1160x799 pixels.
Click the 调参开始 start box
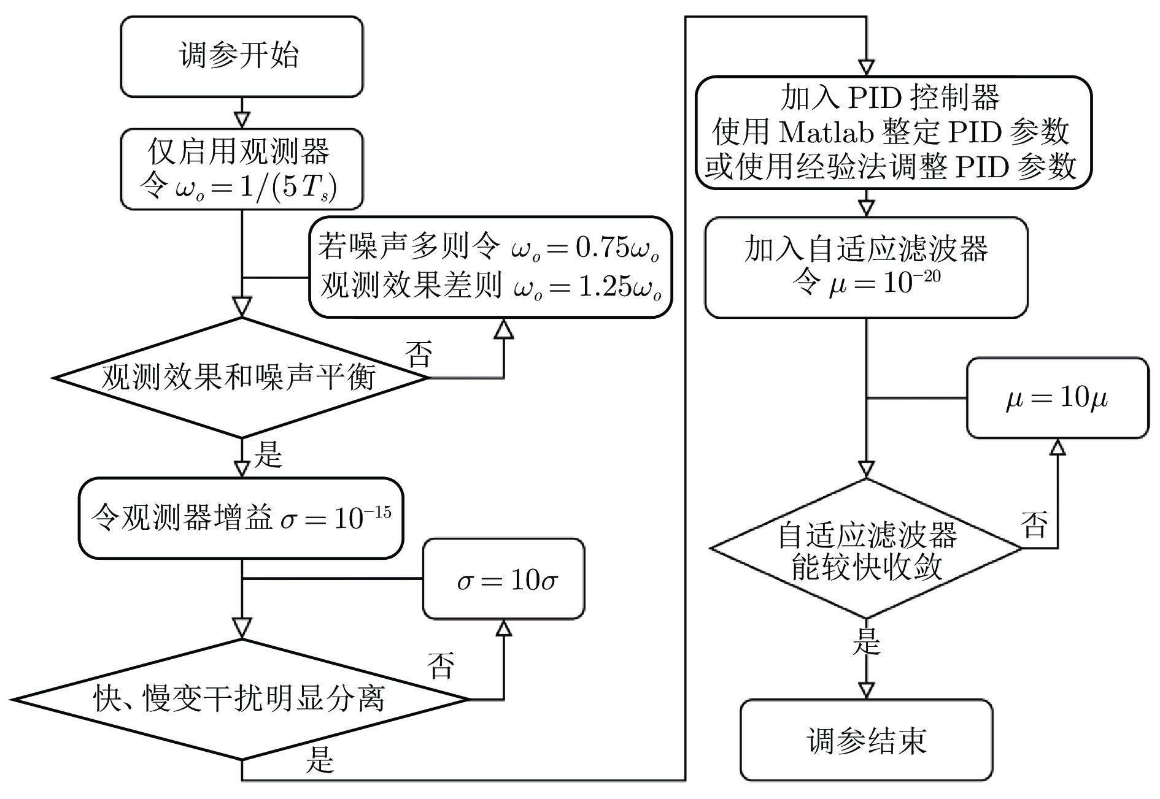pyautogui.click(x=242, y=56)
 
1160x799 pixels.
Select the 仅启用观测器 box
pyautogui.click(x=242, y=169)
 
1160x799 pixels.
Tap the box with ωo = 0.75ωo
pyautogui.click(x=490, y=267)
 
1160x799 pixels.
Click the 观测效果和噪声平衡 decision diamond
pyautogui.click(x=242, y=377)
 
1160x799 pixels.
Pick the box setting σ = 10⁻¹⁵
pyautogui.click(x=241, y=518)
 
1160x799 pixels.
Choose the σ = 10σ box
pyautogui.click(x=504, y=579)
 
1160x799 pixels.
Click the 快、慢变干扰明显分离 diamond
pyautogui.click(x=242, y=699)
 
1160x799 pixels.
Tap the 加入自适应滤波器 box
pyautogui.click(x=866, y=267)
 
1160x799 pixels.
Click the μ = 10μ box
pyautogui.click(x=1057, y=398)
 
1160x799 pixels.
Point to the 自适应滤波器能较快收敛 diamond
pyautogui.click(x=866, y=549)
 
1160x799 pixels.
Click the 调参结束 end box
pyautogui.click(x=866, y=740)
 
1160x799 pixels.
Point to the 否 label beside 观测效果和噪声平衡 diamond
pyautogui.click(x=419, y=354)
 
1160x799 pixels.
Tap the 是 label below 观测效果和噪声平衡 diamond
pyautogui.click(x=268, y=455)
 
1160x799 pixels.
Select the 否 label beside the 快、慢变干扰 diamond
pyautogui.click(x=441, y=666)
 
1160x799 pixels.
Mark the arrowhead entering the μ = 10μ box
pyautogui.click(x=1057, y=446)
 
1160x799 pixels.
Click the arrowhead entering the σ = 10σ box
pyautogui.click(x=504, y=627)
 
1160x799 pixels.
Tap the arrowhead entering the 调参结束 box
pyautogui.click(x=866, y=690)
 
